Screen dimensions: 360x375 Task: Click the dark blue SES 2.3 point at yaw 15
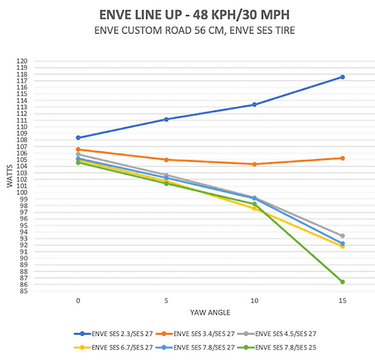[342, 77]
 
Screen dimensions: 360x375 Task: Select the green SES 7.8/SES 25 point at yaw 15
[342, 282]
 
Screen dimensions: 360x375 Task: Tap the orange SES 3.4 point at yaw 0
[78, 149]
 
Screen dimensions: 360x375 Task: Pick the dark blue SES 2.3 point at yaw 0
[78, 138]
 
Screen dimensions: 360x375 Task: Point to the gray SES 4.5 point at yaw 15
[342, 236]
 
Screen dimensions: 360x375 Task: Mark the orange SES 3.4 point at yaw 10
[254, 164]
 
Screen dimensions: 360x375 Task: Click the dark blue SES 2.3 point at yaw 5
[166, 119]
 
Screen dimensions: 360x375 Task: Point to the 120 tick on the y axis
[22, 61]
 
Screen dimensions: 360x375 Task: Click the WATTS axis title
[9, 176]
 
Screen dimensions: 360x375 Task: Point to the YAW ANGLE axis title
[210, 312]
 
